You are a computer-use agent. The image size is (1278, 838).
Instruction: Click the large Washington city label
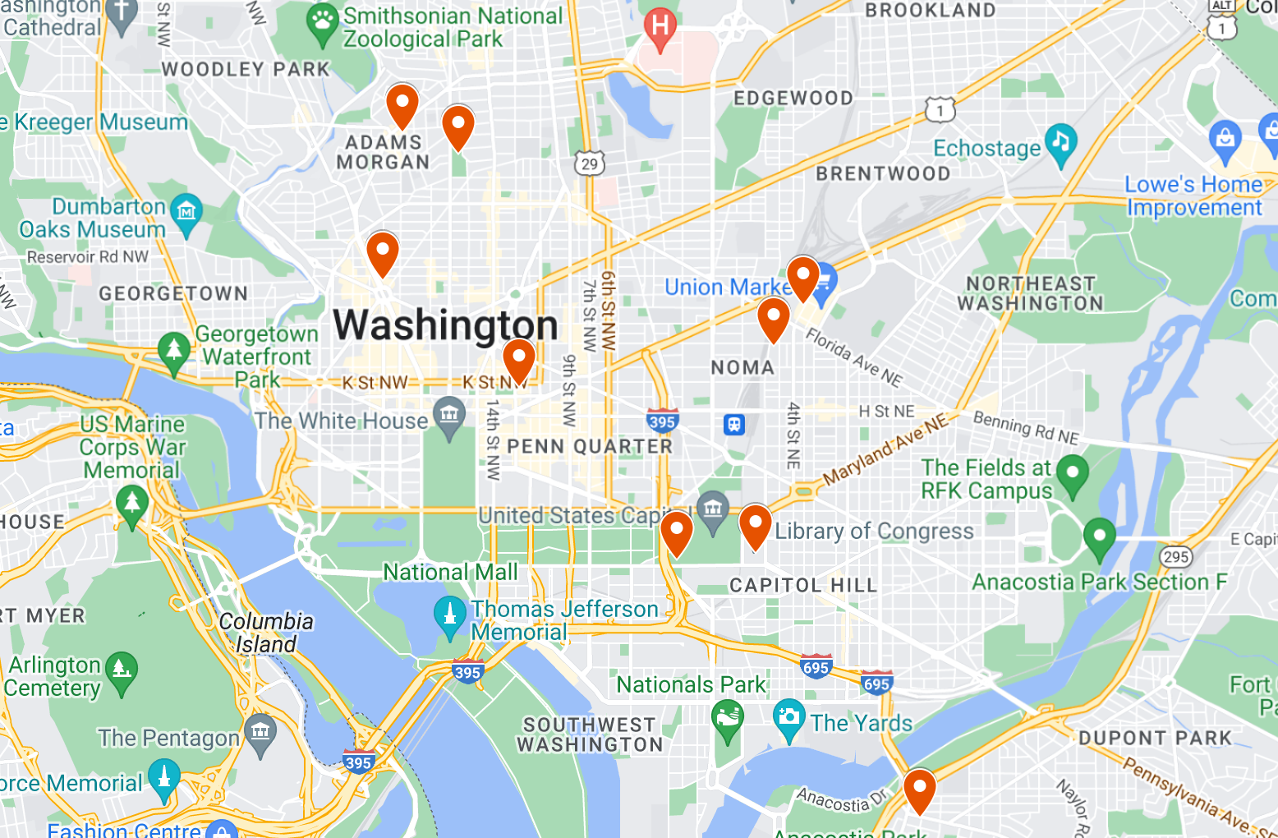pyautogui.click(x=445, y=325)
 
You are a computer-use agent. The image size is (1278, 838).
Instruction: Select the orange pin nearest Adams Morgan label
pyautogui.click(x=402, y=104)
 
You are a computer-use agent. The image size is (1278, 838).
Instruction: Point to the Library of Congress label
pyautogui.click(x=874, y=532)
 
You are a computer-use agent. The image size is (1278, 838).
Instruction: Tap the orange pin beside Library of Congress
pyautogui.click(x=755, y=525)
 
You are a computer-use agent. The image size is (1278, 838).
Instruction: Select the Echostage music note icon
pyautogui.click(x=1060, y=143)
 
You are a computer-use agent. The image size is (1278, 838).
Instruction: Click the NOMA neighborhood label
pyautogui.click(x=742, y=367)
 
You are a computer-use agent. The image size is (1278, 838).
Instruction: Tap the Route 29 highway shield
pyautogui.click(x=590, y=163)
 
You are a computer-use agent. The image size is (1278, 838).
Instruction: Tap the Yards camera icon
pyautogui.click(x=788, y=717)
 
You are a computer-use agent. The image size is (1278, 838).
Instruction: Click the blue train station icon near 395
pyautogui.click(x=733, y=425)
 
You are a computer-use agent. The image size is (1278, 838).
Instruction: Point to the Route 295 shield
pyautogui.click(x=1176, y=557)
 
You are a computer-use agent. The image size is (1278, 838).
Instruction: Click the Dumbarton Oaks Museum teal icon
pyautogui.click(x=186, y=213)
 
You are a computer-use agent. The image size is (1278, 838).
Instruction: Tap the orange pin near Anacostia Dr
pyautogui.click(x=920, y=789)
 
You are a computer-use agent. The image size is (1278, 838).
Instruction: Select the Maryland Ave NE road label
pyautogui.click(x=885, y=449)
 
